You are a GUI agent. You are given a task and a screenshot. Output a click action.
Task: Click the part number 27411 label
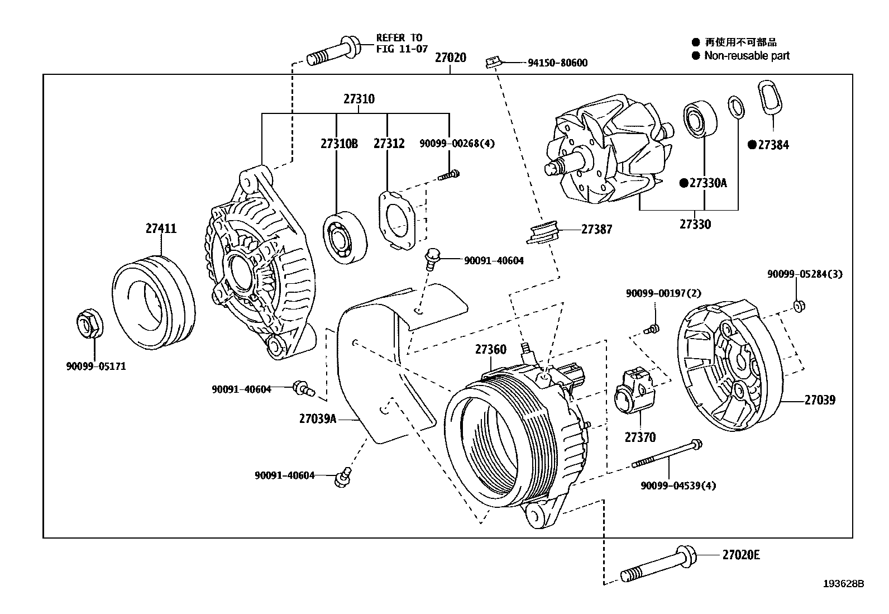pyautogui.click(x=161, y=228)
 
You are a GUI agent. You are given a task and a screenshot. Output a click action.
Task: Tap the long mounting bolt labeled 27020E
pyautogui.click(x=659, y=564)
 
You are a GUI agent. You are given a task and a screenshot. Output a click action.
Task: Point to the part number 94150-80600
pyautogui.click(x=557, y=63)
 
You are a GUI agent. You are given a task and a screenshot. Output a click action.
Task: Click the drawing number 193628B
pyautogui.click(x=843, y=584)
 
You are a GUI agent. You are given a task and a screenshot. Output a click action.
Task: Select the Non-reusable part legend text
pyautogui.click(x=747, y=55)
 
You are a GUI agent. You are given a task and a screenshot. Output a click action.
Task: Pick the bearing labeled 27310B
pyautogui.click(x=345, y=237)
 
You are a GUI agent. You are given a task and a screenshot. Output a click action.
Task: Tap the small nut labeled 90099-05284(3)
pyautogui.click(x=799, y=305)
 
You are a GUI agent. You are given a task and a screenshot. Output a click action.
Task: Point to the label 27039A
pyautogui.click(x=317, y=418)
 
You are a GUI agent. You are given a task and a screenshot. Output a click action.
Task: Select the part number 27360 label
pyautogui.click(x=490, y=350)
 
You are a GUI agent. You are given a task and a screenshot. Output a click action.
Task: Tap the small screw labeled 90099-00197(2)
pyautogui.click(x=652, y=329)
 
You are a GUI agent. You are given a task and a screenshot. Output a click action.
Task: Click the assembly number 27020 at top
pyautogui.click(x=450, y=58)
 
